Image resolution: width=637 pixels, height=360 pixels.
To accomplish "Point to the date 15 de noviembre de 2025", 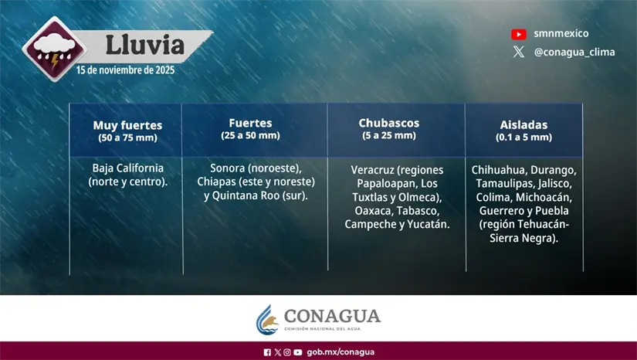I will tap(125, 70).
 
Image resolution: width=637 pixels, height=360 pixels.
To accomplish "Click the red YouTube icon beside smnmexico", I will tap(519, 34).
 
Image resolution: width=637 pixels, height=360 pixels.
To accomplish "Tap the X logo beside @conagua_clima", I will tap(519, 53).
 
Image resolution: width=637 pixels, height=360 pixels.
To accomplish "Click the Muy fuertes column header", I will tap(127, 124).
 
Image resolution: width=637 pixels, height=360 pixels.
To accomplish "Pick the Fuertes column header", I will tap(250, 123).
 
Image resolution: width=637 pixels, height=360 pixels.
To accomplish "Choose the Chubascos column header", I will tap(388, 123).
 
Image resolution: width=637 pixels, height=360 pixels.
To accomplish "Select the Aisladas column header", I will tap(523, 124).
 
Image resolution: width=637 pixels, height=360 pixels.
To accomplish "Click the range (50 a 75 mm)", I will tap(127, 137).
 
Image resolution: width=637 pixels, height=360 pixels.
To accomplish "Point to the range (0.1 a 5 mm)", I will tap(523, 137).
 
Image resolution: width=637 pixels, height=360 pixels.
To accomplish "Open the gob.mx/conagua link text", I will tap(341, 352).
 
